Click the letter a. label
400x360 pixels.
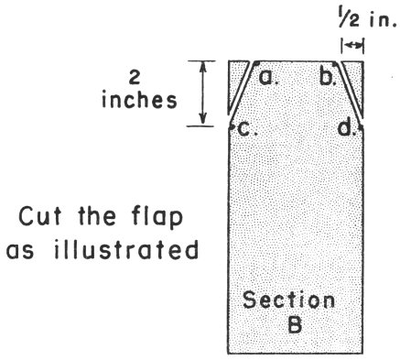click(x=268, y=78)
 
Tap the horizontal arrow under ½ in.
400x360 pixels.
click(x=352, y=44)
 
